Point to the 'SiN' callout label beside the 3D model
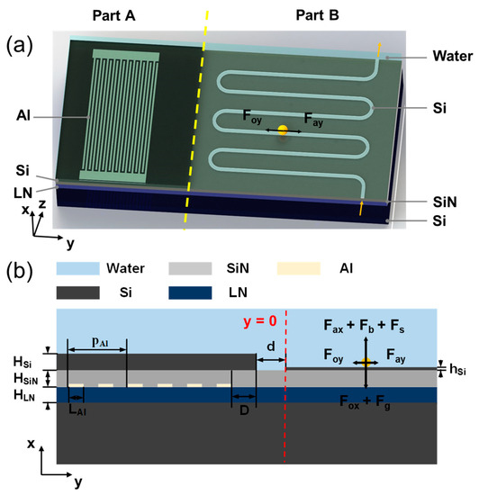pyautogui.click(x=443, y=202)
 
